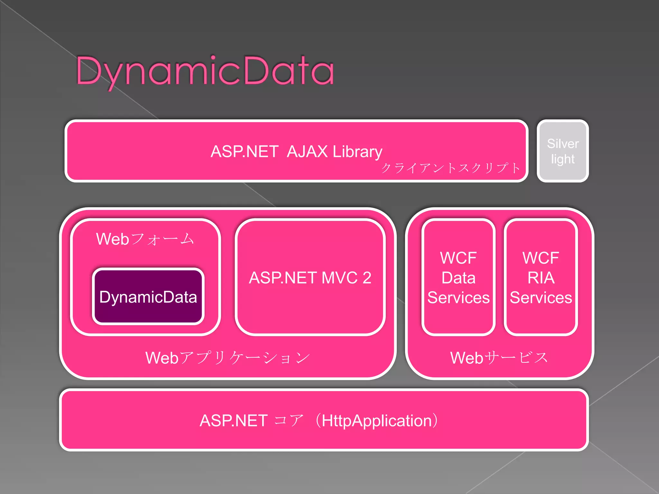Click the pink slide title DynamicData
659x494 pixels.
[205, 71]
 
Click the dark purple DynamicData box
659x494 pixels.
[148, 297]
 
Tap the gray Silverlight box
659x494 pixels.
[562, 151]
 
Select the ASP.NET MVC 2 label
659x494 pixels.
[310, 278]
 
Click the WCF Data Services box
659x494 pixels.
[458, 277]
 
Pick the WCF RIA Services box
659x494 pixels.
[541, 277]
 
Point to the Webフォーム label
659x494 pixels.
[145, 239]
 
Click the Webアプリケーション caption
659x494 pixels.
[227, 358]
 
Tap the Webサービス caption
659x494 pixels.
[499, 358]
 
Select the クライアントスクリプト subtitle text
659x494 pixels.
[450, 168]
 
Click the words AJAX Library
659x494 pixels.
[334, 151]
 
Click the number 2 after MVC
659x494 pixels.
[367, 278]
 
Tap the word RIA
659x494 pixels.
[541, 278]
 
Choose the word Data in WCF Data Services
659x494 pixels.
[458, 278]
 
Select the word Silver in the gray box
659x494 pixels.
[563, 143]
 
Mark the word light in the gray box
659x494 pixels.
[563, 159]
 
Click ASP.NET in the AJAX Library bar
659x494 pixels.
[245, 151]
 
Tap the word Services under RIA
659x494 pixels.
[541, 297]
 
